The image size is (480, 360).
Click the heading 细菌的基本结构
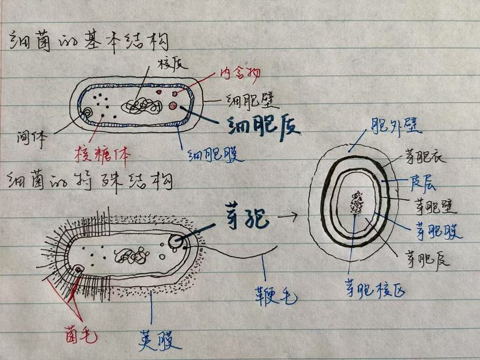87,43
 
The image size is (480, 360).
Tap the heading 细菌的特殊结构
87,181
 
